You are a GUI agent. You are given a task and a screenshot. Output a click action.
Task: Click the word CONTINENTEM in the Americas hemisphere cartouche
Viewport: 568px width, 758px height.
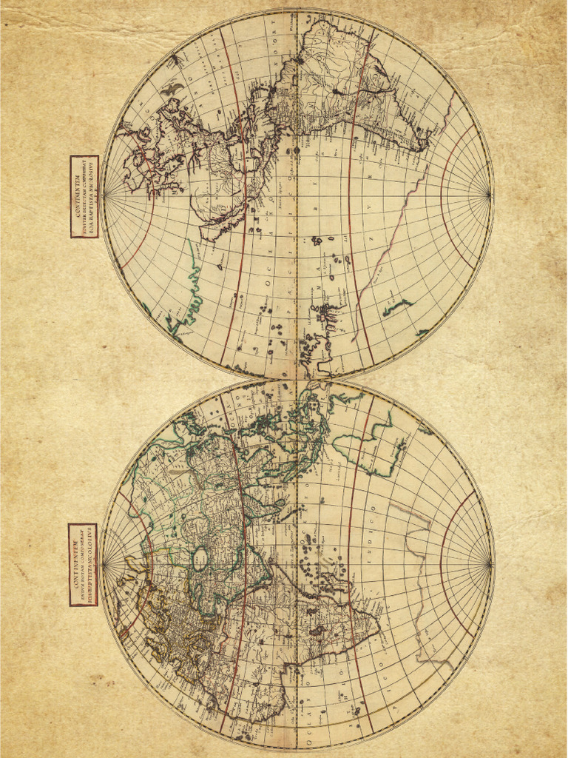78,196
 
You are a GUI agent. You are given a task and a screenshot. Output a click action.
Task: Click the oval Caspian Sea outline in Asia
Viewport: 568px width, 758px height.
200,558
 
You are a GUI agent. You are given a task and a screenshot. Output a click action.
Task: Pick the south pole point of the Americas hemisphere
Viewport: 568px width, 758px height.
490,195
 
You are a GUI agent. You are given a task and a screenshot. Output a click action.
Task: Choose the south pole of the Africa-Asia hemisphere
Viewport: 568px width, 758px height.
490,565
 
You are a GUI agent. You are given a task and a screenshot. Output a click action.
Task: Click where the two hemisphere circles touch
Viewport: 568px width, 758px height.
297,380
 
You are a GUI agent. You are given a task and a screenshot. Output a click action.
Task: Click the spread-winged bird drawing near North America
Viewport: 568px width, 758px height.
172,89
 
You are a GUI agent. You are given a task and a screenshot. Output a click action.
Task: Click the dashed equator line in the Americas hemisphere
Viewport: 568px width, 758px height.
297,222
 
